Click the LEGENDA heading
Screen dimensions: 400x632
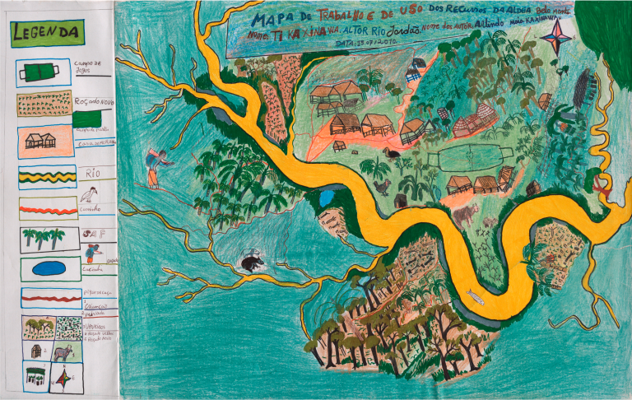pyautogui.click(x=46, y=33)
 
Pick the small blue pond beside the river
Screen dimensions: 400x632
pyautogui.click(x=326, y=198)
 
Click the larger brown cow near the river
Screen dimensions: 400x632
pyautogui.click(x=467, y=216)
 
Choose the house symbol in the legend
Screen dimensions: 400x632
pyautogui.click(x=40, y=141)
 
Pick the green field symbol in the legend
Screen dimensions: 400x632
pyautogui.click(x=38, y=73)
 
